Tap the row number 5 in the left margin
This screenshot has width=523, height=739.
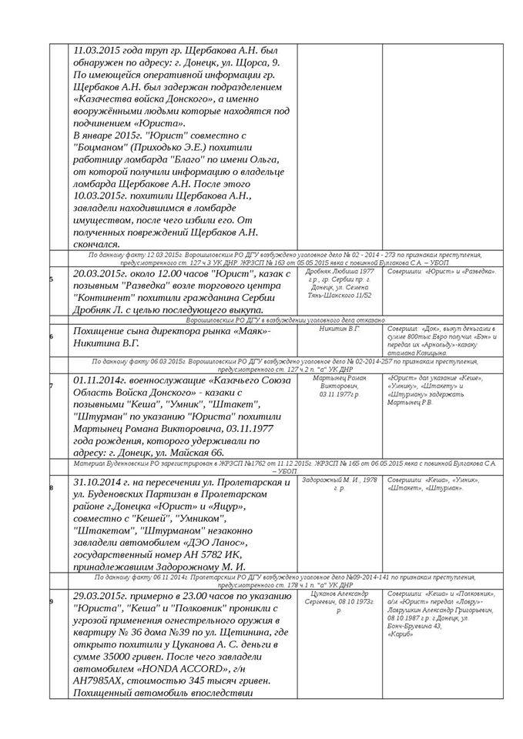[52, 279]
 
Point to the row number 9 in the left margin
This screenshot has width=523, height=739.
[52, 601]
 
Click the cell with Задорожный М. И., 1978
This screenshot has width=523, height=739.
[340, 483]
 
